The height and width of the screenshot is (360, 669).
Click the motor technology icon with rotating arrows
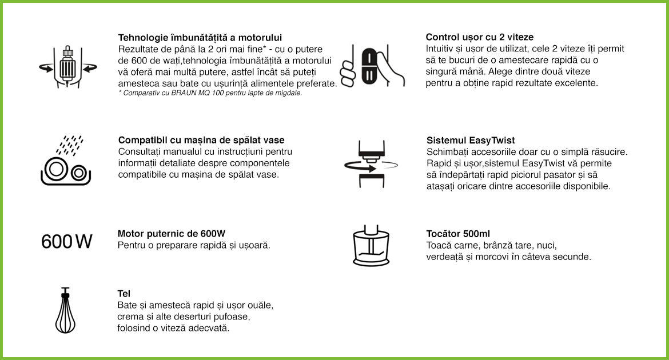[x=67, y=67]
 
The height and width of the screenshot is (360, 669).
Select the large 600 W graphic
[x=67, y=241]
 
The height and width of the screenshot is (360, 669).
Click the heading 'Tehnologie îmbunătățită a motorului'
[x=200, y=37]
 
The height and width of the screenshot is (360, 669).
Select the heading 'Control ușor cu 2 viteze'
[x=480, y=37]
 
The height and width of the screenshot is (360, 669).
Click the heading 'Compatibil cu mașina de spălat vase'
[x=201, y=140]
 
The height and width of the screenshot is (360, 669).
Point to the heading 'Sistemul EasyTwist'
[x=471, y=140]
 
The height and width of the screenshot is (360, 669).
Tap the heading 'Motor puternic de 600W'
[x=172, y=234]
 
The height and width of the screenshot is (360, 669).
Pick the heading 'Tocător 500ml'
[x=458, y=234]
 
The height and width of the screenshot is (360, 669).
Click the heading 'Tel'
[x=124, y=294]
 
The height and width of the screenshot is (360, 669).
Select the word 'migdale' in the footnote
[x=289, y=93]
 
